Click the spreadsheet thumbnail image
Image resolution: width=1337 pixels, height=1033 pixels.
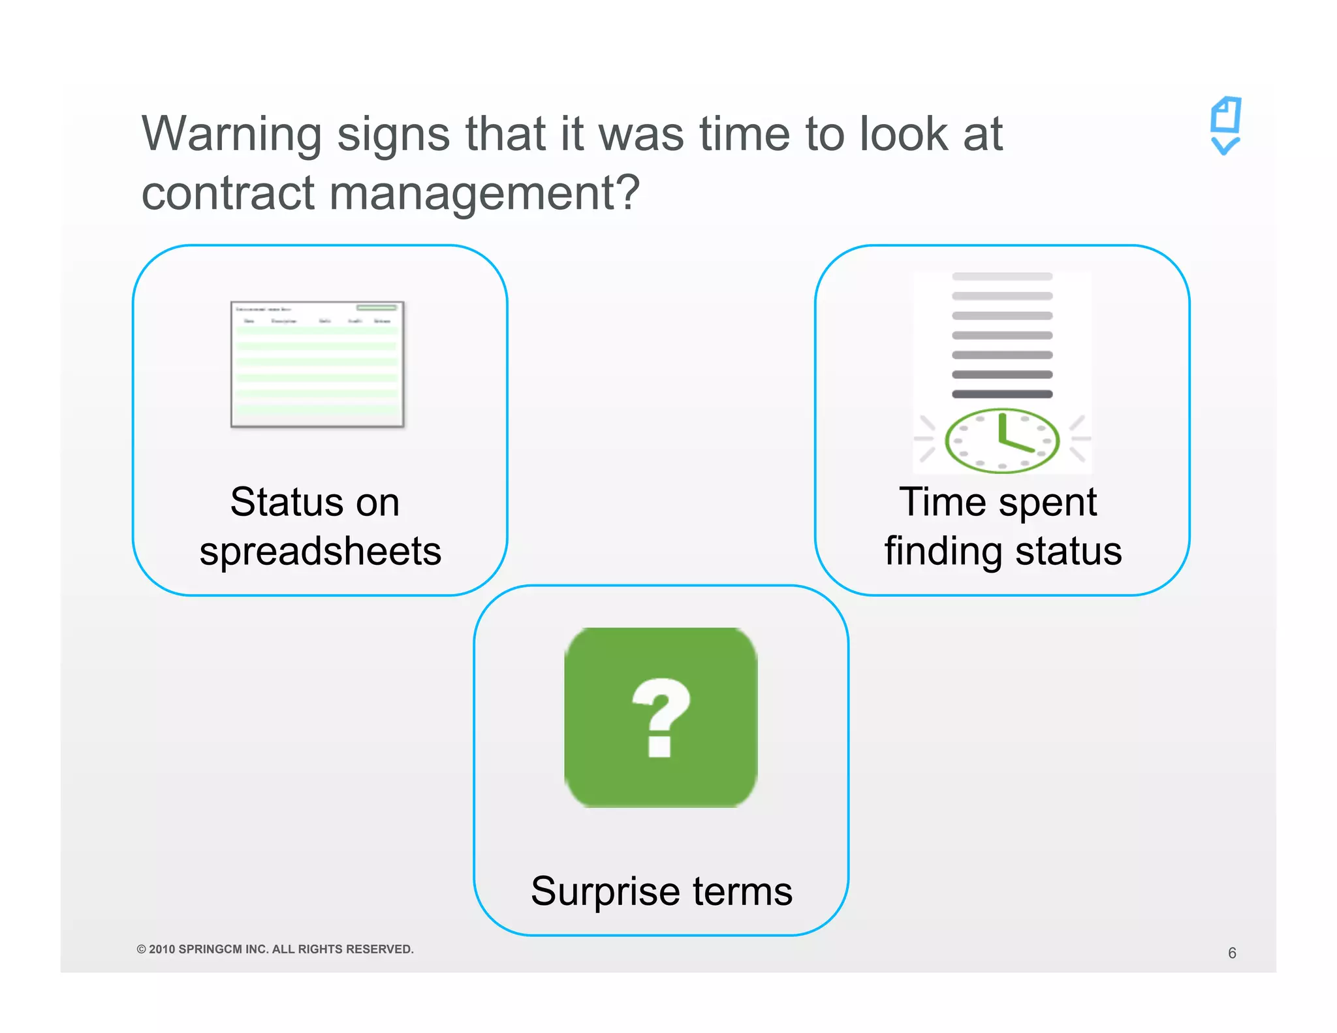[317, 364]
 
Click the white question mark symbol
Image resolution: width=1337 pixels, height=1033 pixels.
[661, 717]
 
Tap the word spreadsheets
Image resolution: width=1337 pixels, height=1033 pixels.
[321, 551]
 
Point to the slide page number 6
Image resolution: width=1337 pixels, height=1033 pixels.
[1232, 953]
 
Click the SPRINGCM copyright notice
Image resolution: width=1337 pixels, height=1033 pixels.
[275, 949]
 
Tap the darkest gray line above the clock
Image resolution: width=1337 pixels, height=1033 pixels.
[1002, 394]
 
